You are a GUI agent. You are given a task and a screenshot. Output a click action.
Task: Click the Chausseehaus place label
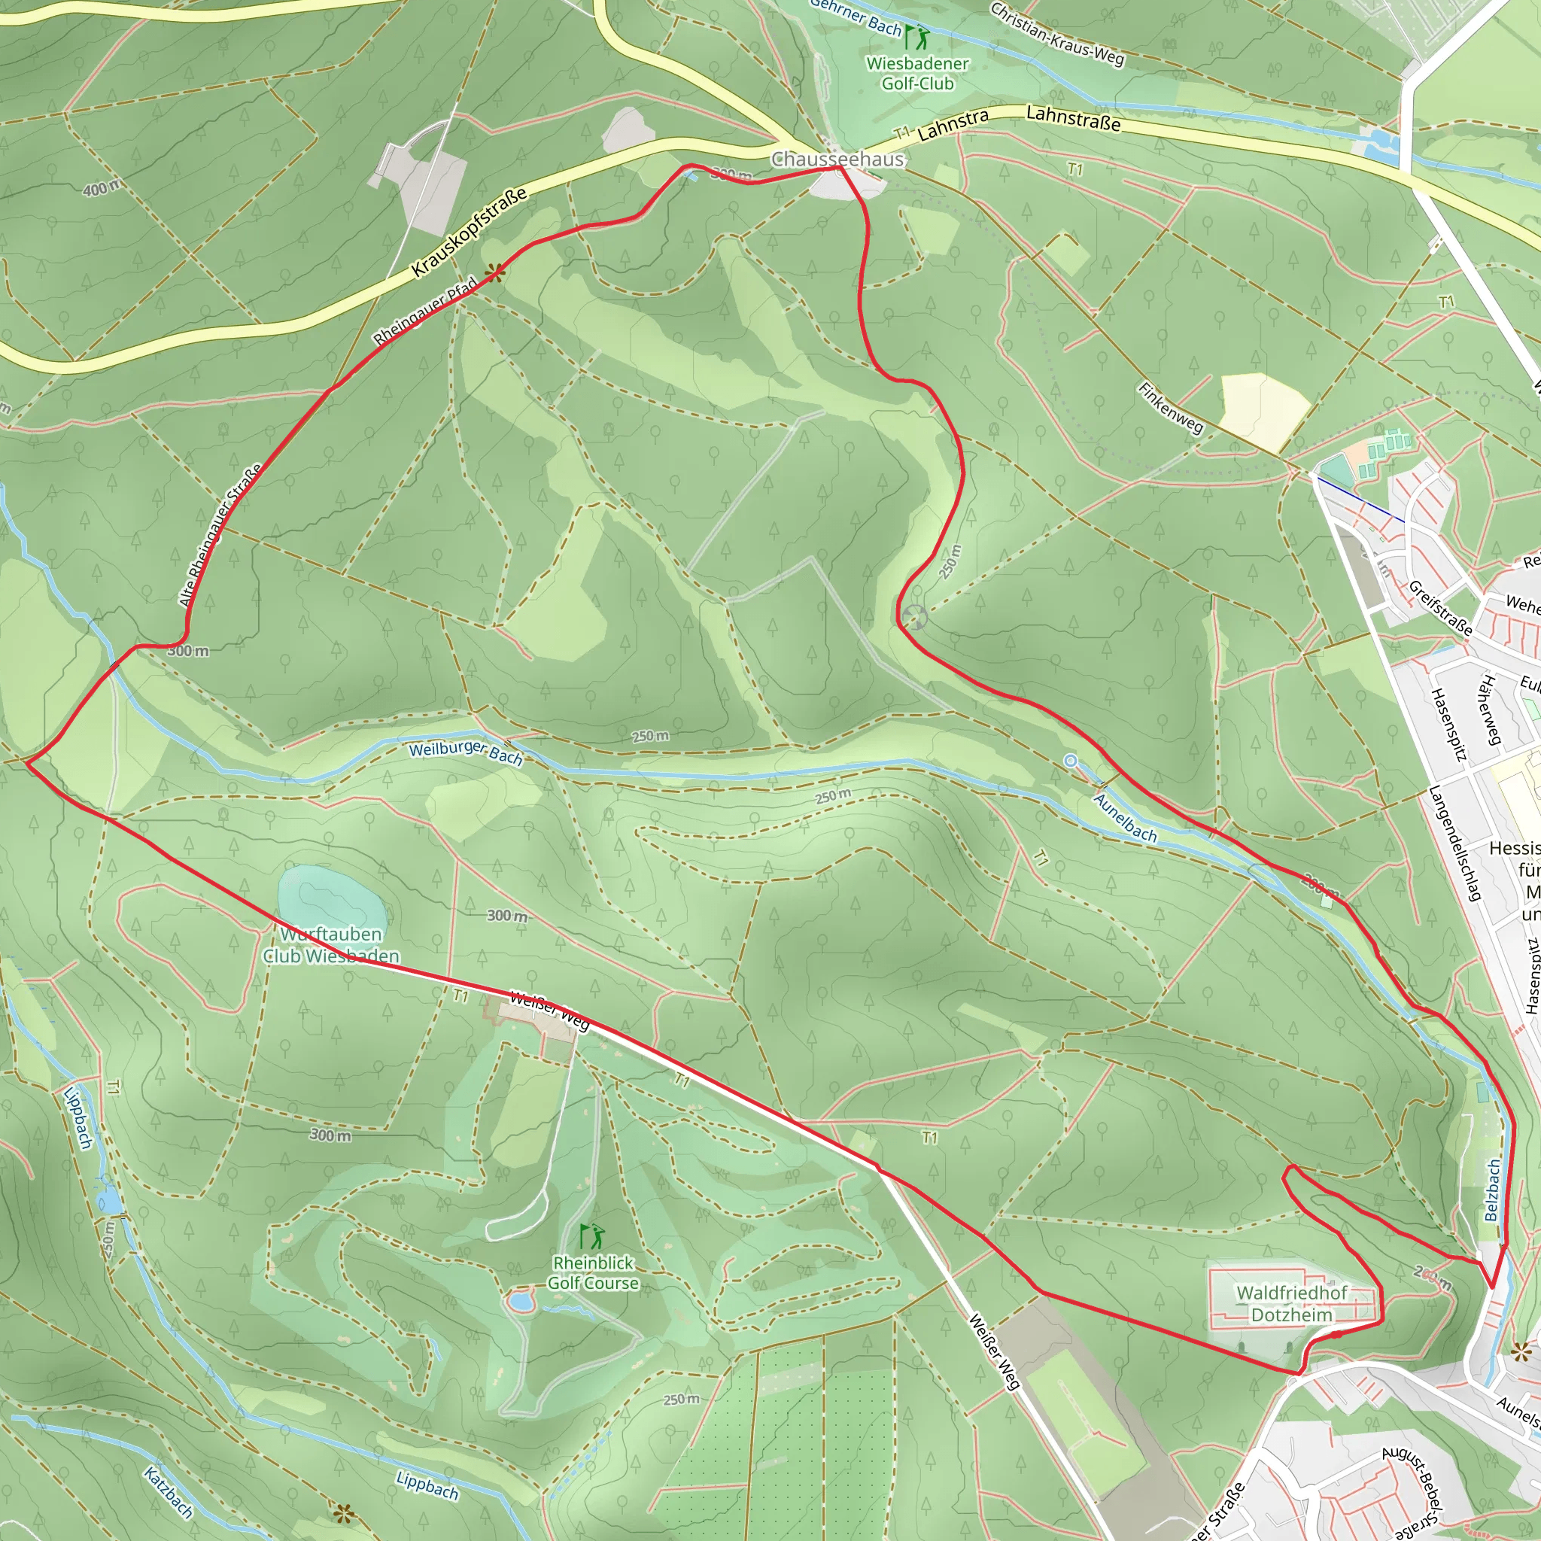[837, 160]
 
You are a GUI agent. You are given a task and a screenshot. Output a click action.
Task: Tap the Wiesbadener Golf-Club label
[917, 74]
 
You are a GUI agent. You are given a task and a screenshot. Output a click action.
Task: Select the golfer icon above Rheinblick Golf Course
[592, 1237]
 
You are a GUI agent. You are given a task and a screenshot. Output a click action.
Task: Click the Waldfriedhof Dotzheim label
[1291, 1303]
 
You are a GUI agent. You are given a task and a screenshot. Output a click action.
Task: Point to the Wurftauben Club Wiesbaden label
[331, 944]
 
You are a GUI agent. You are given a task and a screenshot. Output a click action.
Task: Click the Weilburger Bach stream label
[466, 752]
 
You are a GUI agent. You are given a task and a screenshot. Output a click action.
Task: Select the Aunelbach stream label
[1126, 818]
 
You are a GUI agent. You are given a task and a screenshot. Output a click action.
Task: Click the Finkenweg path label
[1170, 408]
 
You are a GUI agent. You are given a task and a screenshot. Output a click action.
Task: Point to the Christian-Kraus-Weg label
[1057, 34]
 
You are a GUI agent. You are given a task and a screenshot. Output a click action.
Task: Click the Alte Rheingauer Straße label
[221, 535]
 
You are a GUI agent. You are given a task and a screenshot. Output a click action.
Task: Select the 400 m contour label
[102, 188]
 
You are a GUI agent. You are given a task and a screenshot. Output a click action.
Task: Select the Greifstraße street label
[1439, 608]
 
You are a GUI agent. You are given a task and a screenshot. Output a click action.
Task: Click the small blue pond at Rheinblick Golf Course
[520, 1302]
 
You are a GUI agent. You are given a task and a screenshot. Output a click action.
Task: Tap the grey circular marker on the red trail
[914, 616]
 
